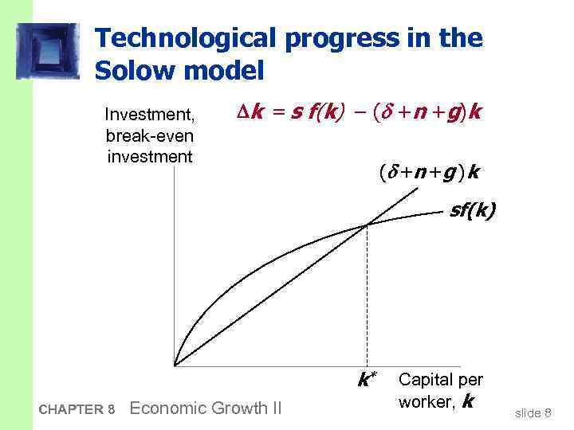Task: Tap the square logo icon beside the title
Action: (48, 50)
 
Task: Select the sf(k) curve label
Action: (472, 211)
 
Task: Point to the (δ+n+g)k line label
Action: (423, 171)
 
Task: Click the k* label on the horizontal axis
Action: (367, 380)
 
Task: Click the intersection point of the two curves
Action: (367, 225)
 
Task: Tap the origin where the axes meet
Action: (174, 365)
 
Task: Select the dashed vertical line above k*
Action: (367, 295)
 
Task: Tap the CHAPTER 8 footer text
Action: (77, 409)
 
